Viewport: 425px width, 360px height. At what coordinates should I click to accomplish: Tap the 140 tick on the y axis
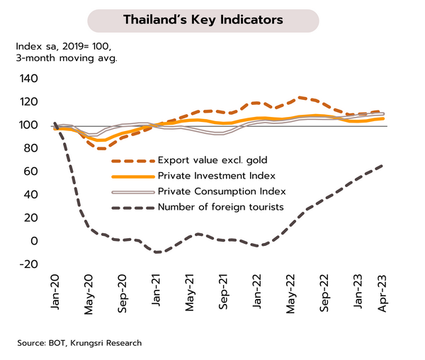tap(29, 79)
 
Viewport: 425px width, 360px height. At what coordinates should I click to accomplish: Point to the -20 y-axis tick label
tap(29, 264)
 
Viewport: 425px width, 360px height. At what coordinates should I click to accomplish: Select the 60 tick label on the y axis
tap(32, 171)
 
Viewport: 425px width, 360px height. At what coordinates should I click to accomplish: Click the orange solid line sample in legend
tap(130, 176)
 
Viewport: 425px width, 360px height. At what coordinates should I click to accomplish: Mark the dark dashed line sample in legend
tap(130, 208)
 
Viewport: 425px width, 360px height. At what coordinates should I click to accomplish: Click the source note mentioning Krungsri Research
tap(79, 343)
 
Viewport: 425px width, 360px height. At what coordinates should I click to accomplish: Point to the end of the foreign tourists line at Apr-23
tap(383, 166)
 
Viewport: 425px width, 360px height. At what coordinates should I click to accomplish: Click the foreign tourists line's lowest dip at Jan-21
tap(157, 252)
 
